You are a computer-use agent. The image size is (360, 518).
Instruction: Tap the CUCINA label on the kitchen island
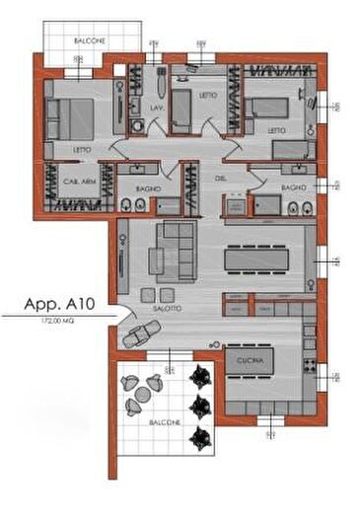coord(249,362)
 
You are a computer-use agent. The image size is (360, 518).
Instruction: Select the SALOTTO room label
coord(166,309)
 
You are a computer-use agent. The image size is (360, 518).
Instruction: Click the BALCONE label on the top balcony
coord(90,40)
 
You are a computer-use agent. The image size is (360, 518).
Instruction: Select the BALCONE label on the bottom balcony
coord(165,422)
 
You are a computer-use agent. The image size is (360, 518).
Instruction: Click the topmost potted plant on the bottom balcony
coord(201,374)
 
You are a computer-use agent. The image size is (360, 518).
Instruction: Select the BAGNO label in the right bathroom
coord(293,187)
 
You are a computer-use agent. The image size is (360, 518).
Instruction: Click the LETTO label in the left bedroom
coord(82,150)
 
